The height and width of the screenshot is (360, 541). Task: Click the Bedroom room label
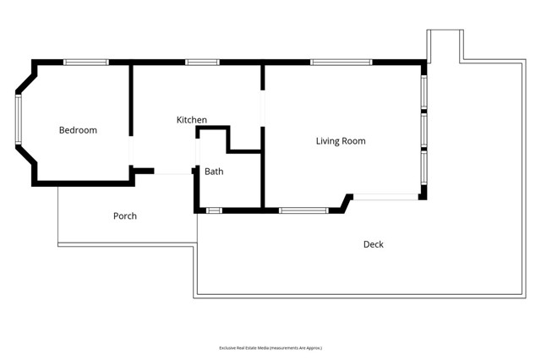point(78,130)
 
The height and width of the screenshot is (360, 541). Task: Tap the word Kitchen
point(191,120)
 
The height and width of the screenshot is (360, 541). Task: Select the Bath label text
point(214,172)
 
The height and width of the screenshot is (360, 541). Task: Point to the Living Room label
point(341,141)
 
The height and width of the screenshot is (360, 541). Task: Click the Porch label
point(125,216)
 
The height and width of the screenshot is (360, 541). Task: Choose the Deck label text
point(373,244)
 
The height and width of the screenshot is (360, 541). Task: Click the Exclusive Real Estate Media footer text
point(270,347)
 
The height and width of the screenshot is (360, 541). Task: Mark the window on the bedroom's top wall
point(86,62)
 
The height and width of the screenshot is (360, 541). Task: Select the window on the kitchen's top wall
point(202,62)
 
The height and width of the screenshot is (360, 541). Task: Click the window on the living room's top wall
point(341,62)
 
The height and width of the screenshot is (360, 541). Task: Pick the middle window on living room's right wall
point(424,130)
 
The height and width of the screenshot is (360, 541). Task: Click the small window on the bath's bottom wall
point(214,210)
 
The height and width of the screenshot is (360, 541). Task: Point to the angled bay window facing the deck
point(385,197)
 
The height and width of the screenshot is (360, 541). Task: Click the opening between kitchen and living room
point(263,107)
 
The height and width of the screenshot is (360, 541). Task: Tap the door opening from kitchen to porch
point(173,173)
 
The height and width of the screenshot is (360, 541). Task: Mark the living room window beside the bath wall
point(303,210)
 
